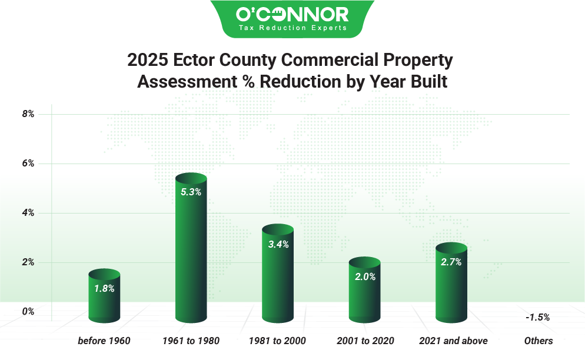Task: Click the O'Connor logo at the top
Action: [292, 14]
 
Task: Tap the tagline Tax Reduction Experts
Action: [292, 28]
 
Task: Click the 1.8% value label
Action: [104, 288]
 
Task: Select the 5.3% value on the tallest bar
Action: [191, 192]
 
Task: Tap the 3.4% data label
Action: [278, 244]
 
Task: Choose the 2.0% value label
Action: [365, 276]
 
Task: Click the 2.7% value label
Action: [451, 262]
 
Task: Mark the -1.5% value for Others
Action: [537, 317]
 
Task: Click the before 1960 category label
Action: [104, 341]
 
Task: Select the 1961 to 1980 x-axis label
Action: [191, 341]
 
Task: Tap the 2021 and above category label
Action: [453, 341]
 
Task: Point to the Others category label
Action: [539, 341]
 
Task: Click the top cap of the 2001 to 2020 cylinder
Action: [365, 262]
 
